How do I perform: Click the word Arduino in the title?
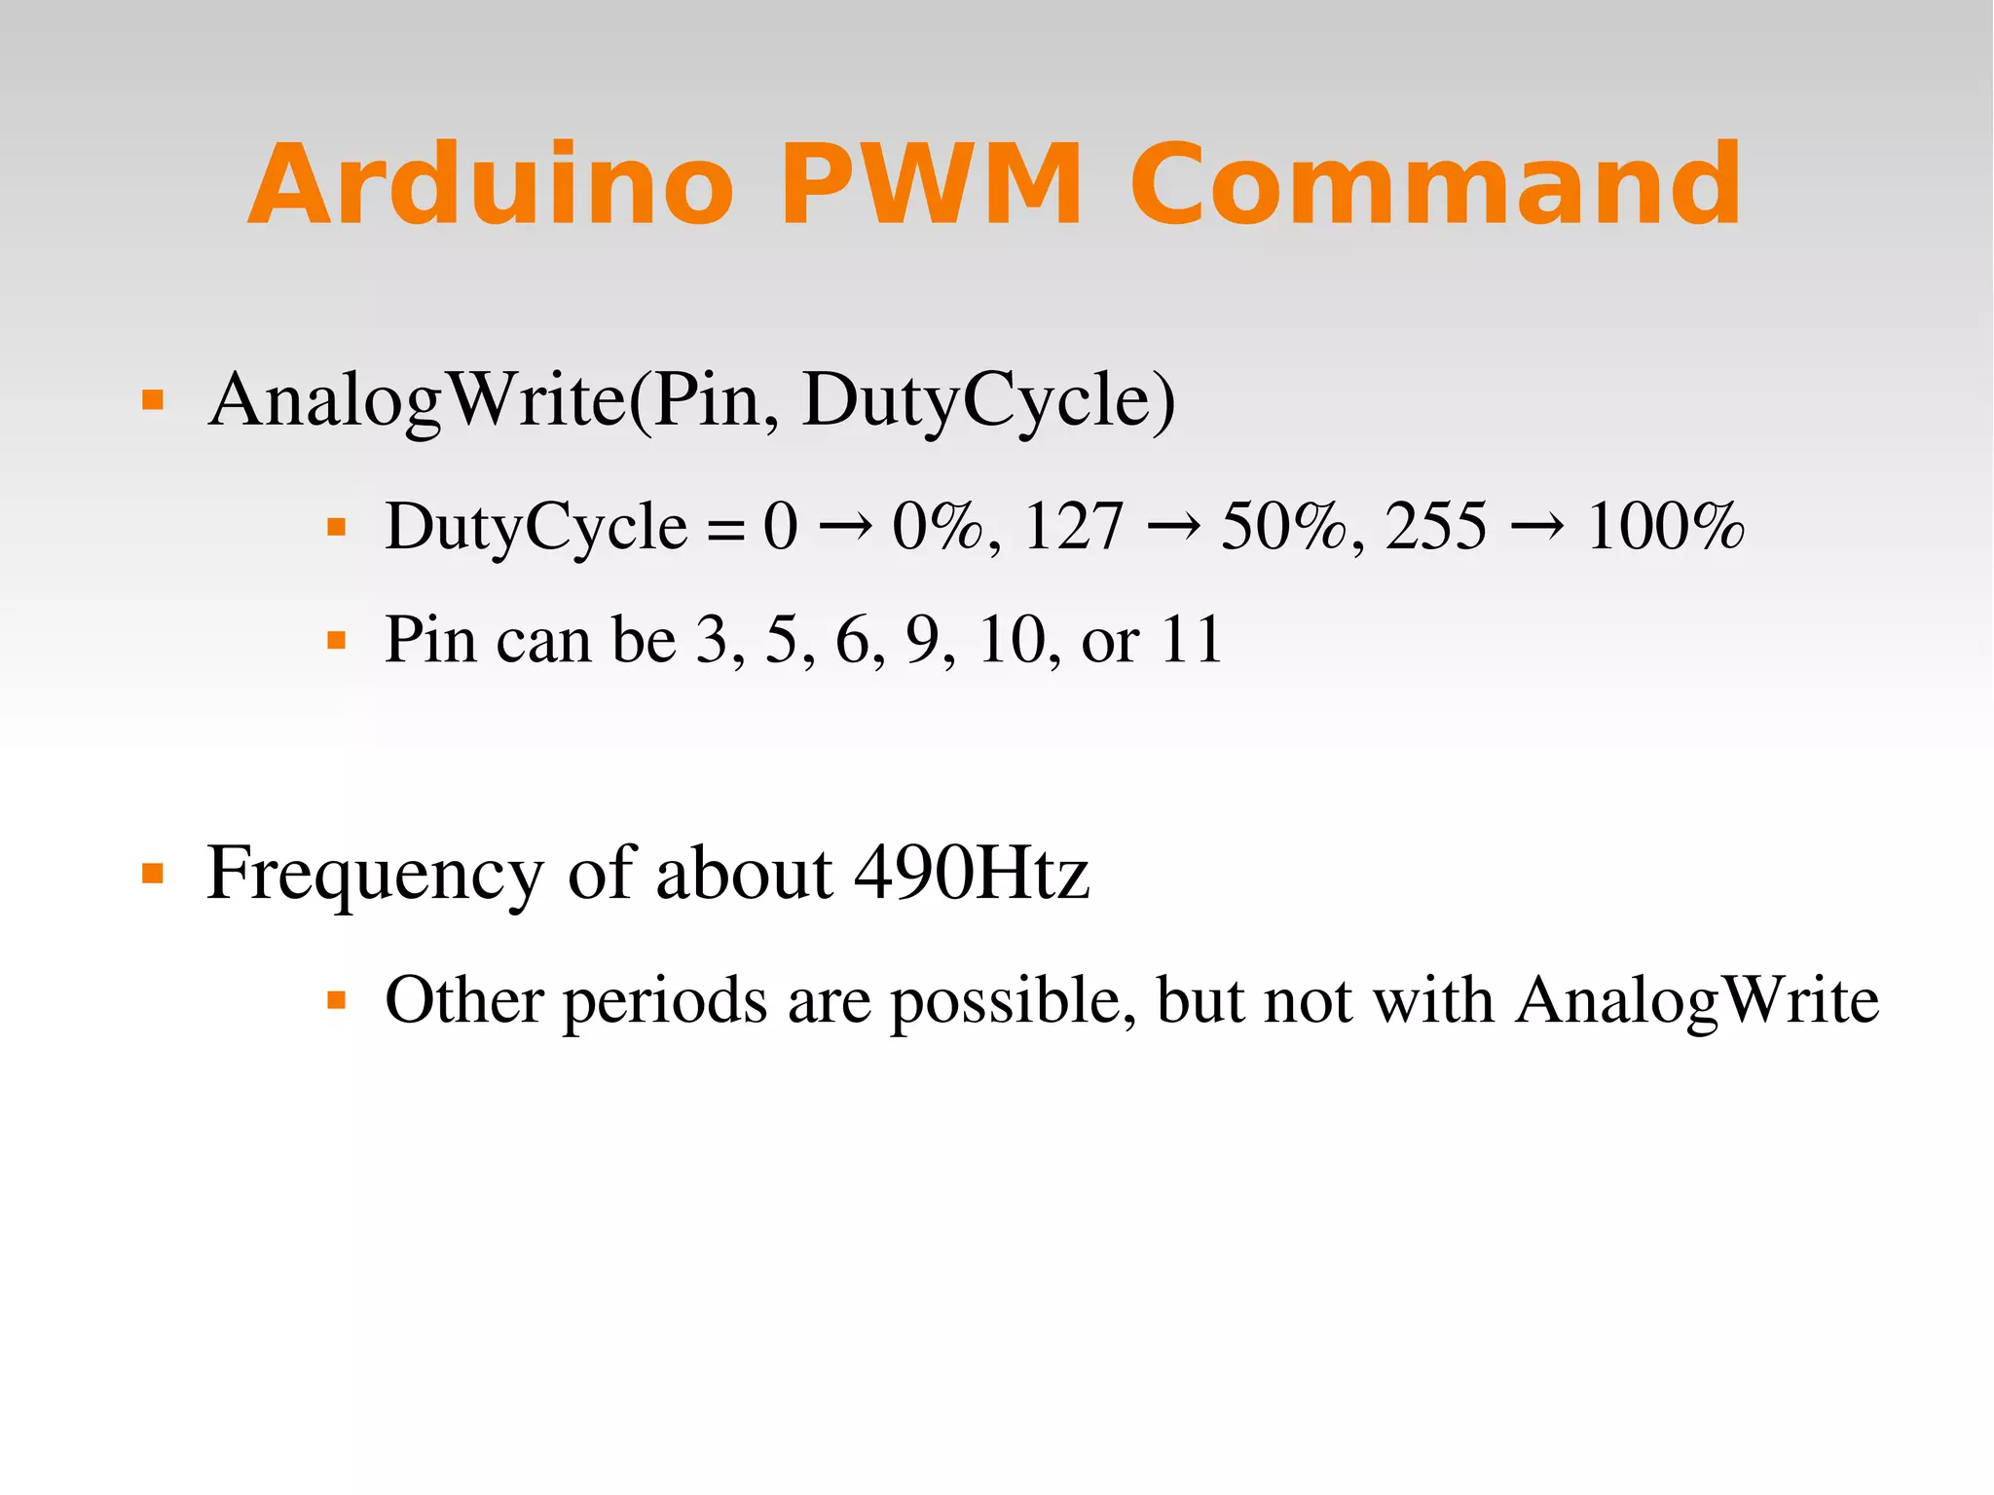[491, 185]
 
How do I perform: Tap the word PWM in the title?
[930, 185]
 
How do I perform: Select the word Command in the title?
[1435, 185]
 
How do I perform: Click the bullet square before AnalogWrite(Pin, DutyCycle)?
[153, 399]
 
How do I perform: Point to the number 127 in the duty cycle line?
[1073, 527]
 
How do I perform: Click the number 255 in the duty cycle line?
[1436, 527]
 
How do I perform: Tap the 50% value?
[1283, 527]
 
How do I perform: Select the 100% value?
[1665, 527]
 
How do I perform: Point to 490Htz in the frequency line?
[971, 873]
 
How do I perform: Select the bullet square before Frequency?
[153, 872]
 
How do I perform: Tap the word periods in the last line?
[664, 1001]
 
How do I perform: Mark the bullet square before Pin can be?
[337, 641]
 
